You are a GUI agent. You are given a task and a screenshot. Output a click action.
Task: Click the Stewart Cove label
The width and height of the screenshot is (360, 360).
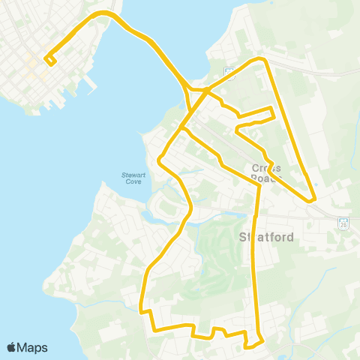[131, 178]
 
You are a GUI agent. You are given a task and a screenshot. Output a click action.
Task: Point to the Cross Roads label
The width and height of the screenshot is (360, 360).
[266, 173]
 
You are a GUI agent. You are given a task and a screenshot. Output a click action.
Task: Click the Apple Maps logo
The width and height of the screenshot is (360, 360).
[27, 347]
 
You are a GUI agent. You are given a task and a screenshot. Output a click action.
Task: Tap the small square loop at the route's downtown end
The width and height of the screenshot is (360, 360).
[49, 59]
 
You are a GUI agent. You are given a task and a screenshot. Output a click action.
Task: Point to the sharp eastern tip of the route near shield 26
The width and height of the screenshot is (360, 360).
[313, 199]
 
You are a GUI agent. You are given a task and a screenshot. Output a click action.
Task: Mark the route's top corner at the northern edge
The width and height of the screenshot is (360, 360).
[261, 58]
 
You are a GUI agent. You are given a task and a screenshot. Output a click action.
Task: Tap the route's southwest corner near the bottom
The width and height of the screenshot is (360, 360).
[154, 329]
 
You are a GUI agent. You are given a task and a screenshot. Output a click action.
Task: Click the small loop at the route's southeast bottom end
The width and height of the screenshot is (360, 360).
[253, 344]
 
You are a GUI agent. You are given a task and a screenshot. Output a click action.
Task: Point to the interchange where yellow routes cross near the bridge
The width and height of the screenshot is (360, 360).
[204, 91]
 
